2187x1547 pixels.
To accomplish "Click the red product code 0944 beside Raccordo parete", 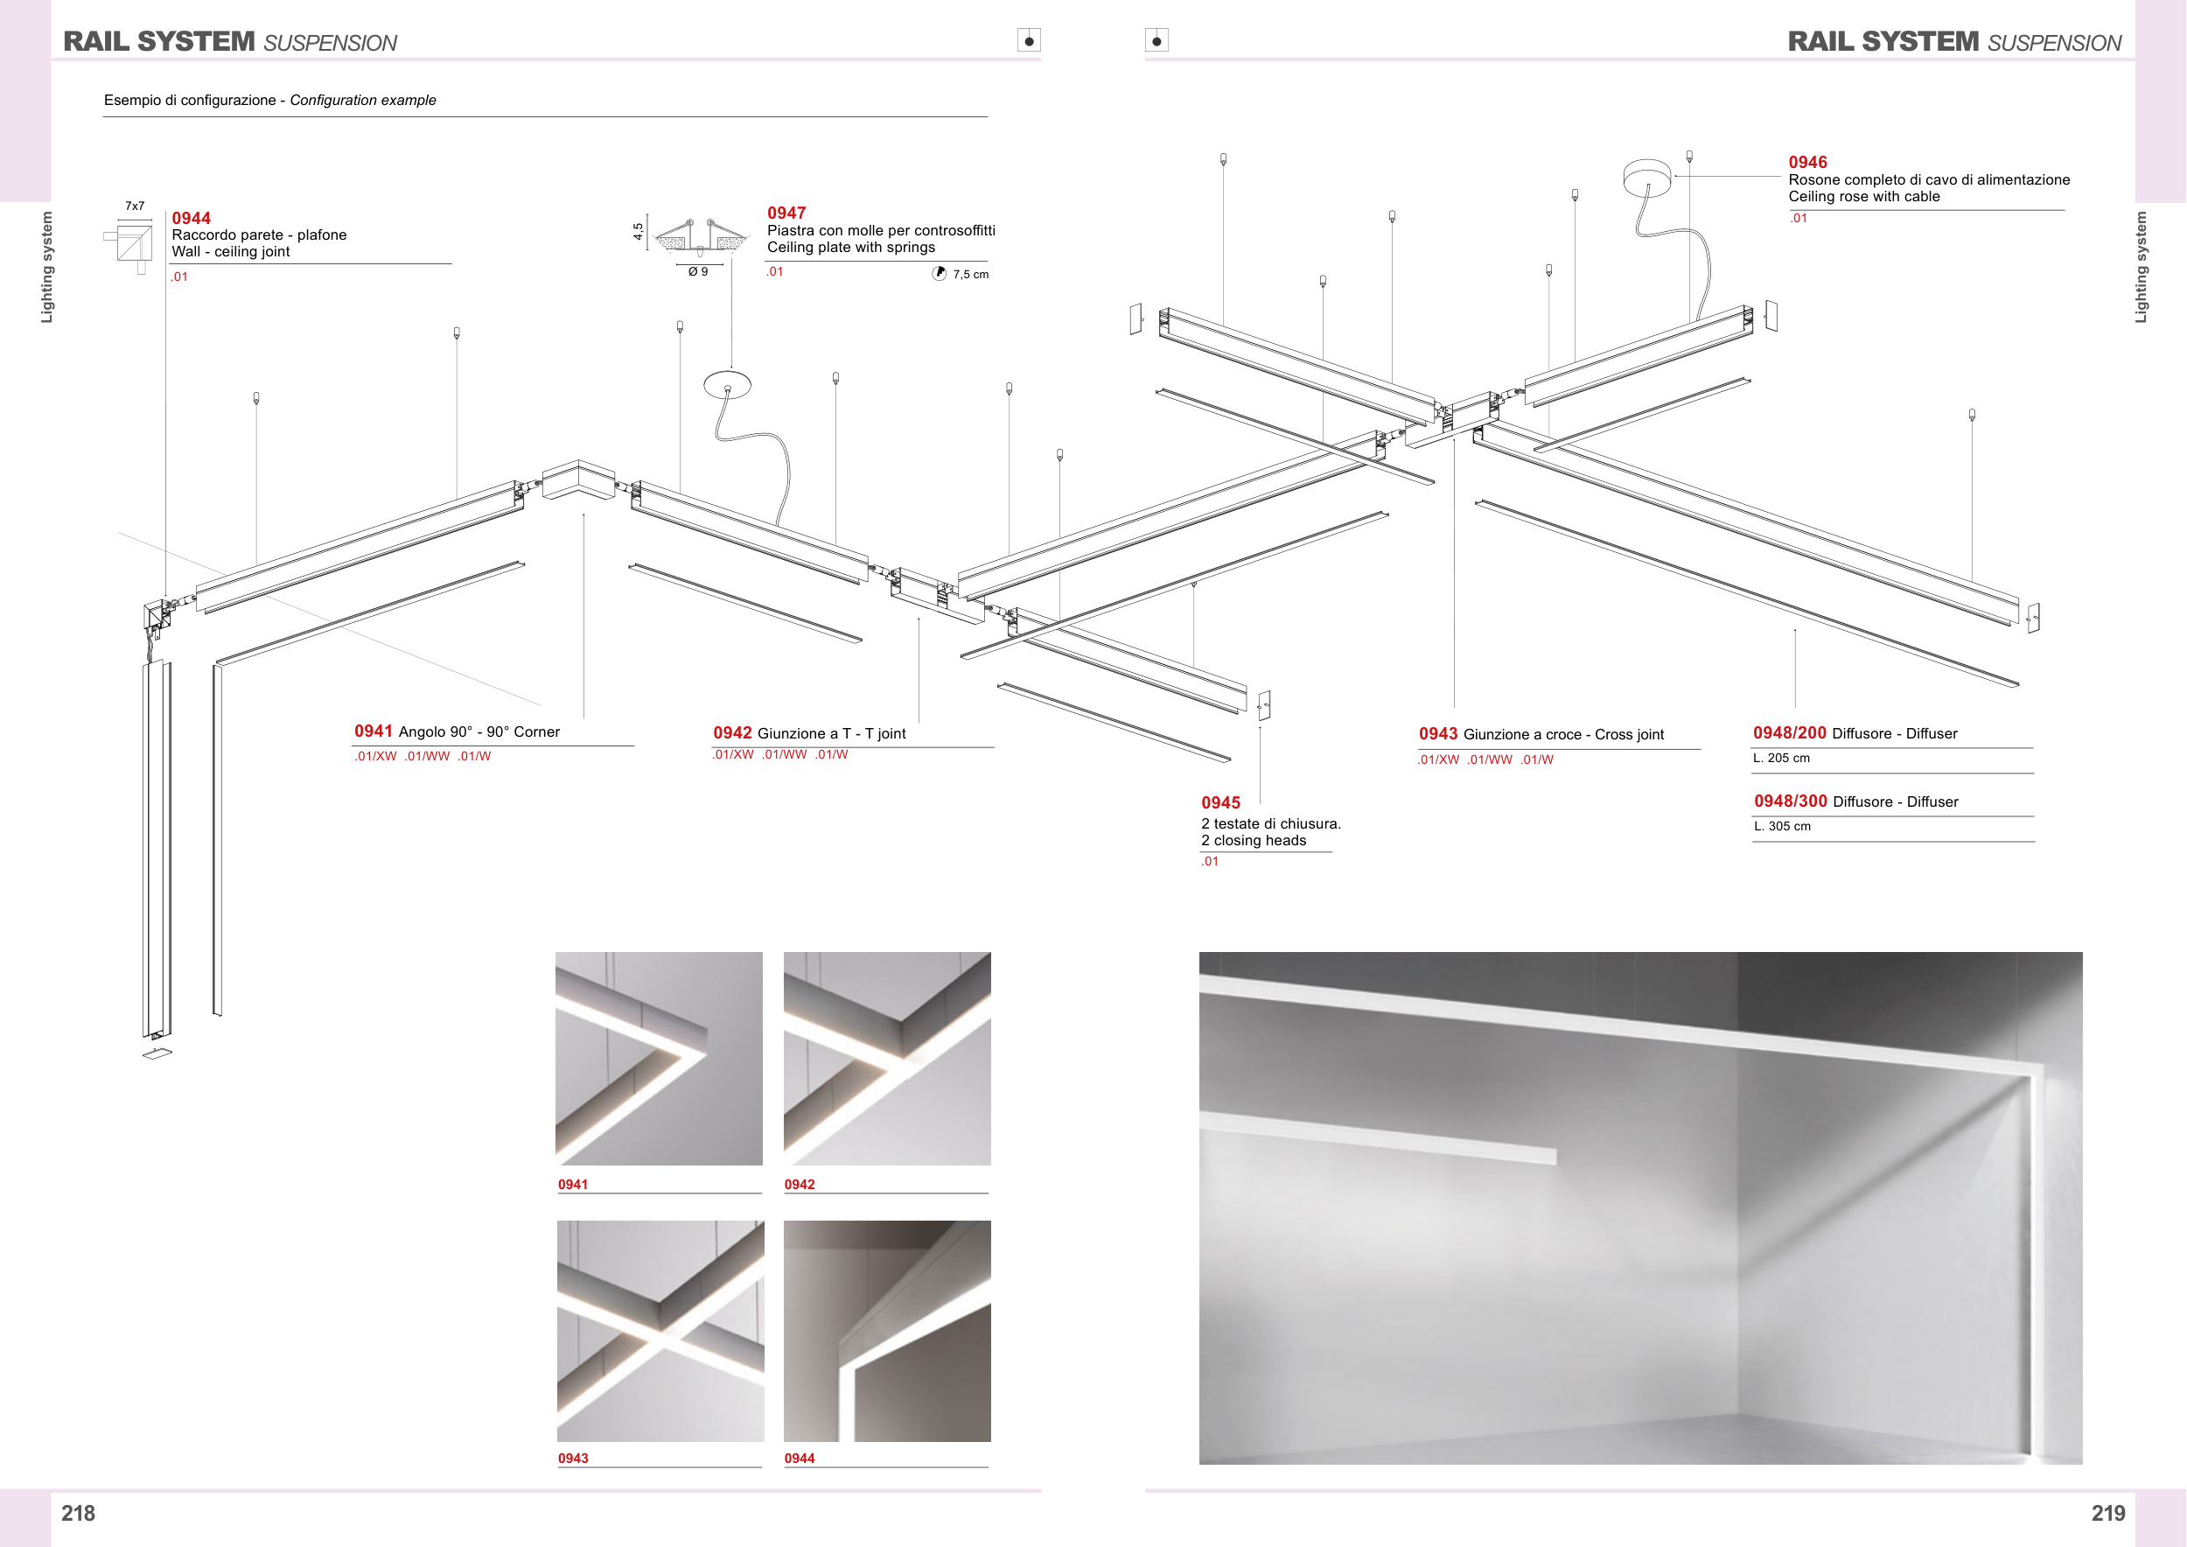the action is (191, 218).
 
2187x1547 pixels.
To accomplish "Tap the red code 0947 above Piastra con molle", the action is (786, 213).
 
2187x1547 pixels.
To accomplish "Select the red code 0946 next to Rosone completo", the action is (1808, 163).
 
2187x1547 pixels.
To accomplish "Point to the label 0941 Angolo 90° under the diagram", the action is (458, 731).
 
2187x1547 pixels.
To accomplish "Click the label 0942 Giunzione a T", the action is (810, 732).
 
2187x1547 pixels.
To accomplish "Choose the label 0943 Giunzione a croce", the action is (1541, 733).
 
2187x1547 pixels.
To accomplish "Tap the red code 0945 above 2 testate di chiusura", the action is (1220, 803).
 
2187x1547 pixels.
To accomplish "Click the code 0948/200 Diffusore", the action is (1855, 732).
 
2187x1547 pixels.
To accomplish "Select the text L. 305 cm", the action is (1782, 826).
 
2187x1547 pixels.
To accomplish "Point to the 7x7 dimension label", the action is (136, 206).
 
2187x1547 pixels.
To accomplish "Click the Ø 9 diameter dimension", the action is (698, 271).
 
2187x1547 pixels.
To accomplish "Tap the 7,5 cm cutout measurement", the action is (971, 275).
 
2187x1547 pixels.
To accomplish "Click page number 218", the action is (78, 1514).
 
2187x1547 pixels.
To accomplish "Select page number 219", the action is (2108, 1514).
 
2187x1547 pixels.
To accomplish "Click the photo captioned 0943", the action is (660, 1331).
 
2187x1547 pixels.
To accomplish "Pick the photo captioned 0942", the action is (887, 1059).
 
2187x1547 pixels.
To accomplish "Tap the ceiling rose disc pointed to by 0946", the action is (1647, 177).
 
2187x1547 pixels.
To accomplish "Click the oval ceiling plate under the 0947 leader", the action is (728, 385).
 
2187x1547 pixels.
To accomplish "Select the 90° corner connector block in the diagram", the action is (578, 479).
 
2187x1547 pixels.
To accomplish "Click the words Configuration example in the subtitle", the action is (363, 100).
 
